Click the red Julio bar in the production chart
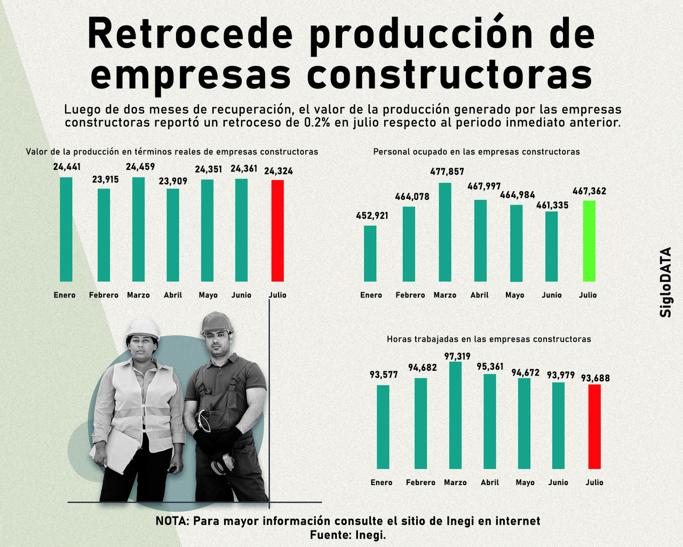[277, 231]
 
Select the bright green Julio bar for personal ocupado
[589, 241]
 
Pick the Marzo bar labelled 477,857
[445, 232]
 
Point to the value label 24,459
[140, 167]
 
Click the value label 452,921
[372, 216]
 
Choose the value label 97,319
[457, 356]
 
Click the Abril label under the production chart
[173, 295]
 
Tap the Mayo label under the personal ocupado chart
[515, 295]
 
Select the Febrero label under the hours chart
[420, 482]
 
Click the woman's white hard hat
[143, 327]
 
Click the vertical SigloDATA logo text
[666, 282]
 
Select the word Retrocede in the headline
[190, 34]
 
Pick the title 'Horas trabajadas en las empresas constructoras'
[489, 339]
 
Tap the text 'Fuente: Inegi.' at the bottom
[348, 534]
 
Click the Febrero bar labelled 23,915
[104, 235]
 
